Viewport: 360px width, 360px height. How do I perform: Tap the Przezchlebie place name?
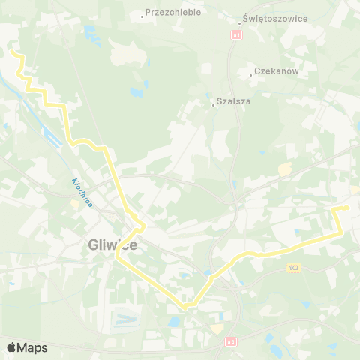tap(173, 13)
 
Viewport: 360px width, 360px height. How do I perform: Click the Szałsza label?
tap(232, 100)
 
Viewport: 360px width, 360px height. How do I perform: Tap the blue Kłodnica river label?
tap(82, 192)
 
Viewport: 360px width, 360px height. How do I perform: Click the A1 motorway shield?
tap(237, 34)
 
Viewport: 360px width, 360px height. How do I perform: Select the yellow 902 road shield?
tap(294, 267)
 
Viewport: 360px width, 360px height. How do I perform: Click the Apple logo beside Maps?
tap(11, 347)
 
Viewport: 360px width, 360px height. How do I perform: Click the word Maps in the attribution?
tap(32, 347)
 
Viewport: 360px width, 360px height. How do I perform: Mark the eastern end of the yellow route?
tap(348, 207)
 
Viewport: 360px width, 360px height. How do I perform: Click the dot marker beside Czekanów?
tap(251, 74)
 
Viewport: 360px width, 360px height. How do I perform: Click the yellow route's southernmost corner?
tap(184, 307)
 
